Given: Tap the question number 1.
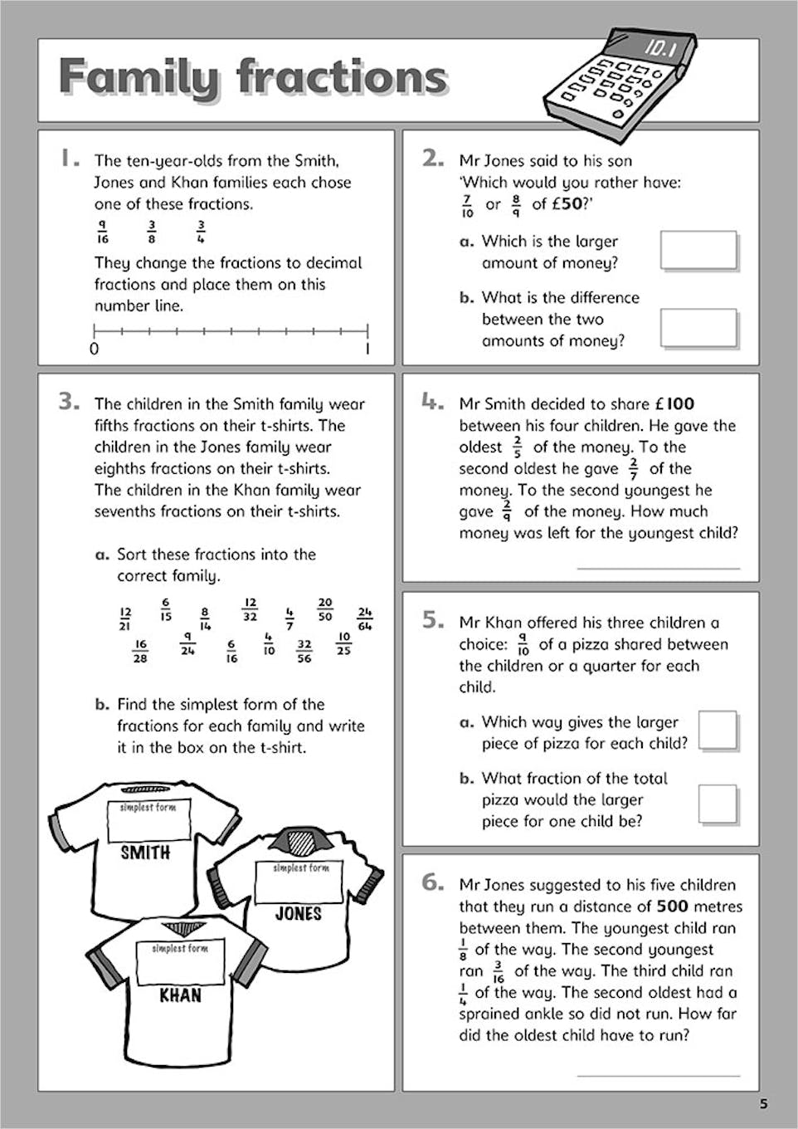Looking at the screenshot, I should (70, 158).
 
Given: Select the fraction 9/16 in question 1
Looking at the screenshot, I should (102, 232).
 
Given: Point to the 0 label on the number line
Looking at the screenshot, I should (94, 349).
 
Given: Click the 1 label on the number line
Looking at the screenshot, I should (367, 349).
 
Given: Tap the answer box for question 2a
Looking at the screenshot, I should (698, 251).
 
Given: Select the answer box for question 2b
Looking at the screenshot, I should (698, 328).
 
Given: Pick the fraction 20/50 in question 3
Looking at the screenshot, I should (324, 609).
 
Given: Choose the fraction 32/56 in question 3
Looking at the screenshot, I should (304, 650).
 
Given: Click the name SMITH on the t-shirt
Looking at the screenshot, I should (145, 853).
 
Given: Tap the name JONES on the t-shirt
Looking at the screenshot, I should (298, 914).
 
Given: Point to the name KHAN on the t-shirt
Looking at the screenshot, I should (180, 995).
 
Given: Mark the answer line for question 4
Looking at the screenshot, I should (658, 568).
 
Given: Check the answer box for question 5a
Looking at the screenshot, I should (718, 731).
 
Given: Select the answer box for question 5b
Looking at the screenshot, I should (718, 804).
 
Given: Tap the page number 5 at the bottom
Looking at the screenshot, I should (763, 1104).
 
